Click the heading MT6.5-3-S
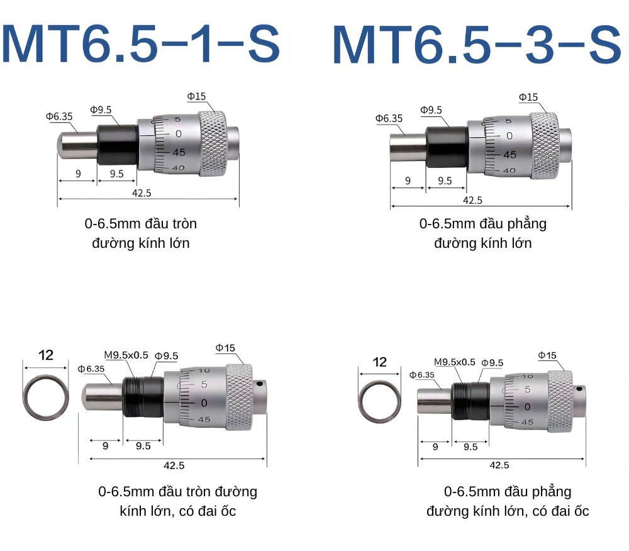[476, 46]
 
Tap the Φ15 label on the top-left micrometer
[196, 96]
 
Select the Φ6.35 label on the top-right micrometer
[389, 118]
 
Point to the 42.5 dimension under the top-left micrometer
[141, 193]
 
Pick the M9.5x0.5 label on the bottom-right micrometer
[455, 362]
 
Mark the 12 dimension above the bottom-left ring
[46, 355]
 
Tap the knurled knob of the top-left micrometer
[212, 143]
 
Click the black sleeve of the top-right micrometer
[446, 147]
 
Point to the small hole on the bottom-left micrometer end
[259, 383]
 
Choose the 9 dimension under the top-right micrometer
[407, 181]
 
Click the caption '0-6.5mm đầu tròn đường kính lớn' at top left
[141, 233]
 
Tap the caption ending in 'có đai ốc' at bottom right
[508, 501]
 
